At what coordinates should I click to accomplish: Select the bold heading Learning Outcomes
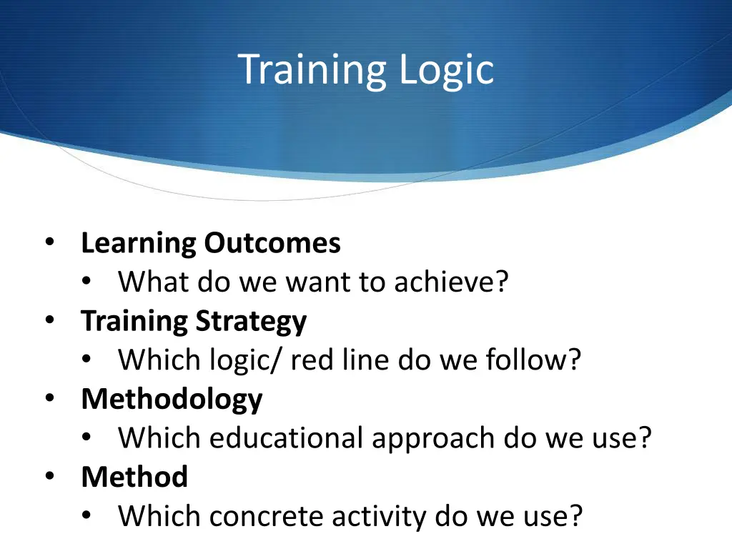[x=211, y=244]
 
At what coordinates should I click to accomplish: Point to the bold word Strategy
[x=251, y=322]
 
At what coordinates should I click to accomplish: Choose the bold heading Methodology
[x=172, y=399]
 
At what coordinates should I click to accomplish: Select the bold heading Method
[x=134, y=477]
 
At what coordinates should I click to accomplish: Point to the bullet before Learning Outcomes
[x=49, y=243]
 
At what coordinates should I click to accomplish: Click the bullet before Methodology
[x=49, y=398]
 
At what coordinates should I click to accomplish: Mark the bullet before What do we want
[x=86, y=282]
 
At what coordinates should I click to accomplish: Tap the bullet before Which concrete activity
[x=86, y=515]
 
